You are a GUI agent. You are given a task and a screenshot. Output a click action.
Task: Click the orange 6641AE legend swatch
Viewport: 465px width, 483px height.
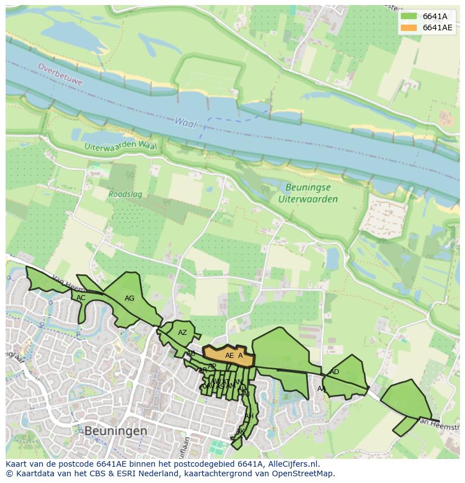[409, 27]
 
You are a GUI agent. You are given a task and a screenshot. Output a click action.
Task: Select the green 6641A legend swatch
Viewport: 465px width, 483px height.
[409, 16]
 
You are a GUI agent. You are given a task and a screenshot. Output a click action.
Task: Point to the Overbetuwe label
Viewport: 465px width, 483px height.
[60, 74]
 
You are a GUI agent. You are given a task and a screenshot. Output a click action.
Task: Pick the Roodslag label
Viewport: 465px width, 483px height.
[125, 195]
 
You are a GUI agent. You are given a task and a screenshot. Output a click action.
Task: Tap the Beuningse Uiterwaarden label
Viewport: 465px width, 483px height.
[308, 193]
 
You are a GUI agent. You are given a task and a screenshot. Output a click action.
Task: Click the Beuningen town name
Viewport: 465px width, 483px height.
[116, 431]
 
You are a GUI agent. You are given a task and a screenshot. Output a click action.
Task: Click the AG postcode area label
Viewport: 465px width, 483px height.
[129, 298]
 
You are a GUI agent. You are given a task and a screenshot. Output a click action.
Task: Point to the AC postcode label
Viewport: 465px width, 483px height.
[81, 298]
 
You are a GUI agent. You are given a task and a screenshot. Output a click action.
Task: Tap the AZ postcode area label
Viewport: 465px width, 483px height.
[182, 333]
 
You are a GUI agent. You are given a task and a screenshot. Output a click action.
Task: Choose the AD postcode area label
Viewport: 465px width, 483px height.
[334, 372]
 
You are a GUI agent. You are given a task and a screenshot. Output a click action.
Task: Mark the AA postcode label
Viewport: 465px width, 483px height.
[321, 389]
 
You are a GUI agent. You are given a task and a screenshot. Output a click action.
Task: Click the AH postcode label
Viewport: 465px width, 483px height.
[249, 416]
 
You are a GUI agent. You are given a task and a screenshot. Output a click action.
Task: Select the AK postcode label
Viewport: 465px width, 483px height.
[239, 431]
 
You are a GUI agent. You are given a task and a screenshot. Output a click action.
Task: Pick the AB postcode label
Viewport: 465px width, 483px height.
[191, 353]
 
